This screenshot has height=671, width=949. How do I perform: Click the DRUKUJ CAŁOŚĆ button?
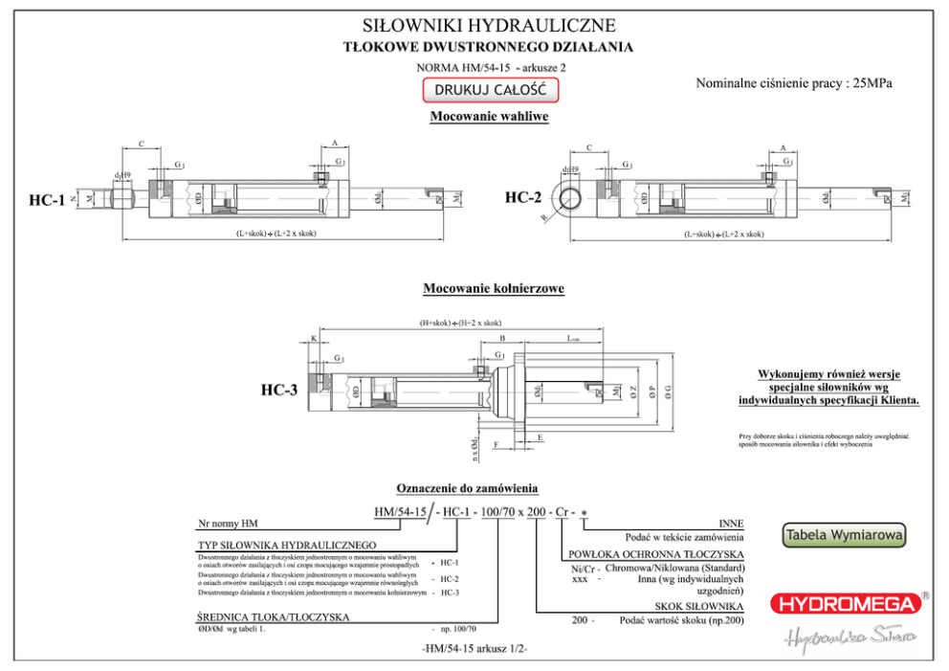point(490,90)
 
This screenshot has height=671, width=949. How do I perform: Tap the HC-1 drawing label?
point(47,200)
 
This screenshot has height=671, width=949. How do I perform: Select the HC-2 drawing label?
point(523,198)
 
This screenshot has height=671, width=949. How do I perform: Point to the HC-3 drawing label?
point(279,391)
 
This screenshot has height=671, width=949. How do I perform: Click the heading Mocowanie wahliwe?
point(489,117)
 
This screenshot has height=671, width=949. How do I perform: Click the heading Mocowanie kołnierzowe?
point(494,288)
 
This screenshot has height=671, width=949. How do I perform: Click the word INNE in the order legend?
point(731,524)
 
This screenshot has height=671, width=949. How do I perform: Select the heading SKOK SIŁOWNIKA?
point(699,607)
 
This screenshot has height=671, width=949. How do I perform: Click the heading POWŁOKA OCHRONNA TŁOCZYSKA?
point(656,554)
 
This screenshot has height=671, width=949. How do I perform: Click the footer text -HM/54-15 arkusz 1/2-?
point(474,649)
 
